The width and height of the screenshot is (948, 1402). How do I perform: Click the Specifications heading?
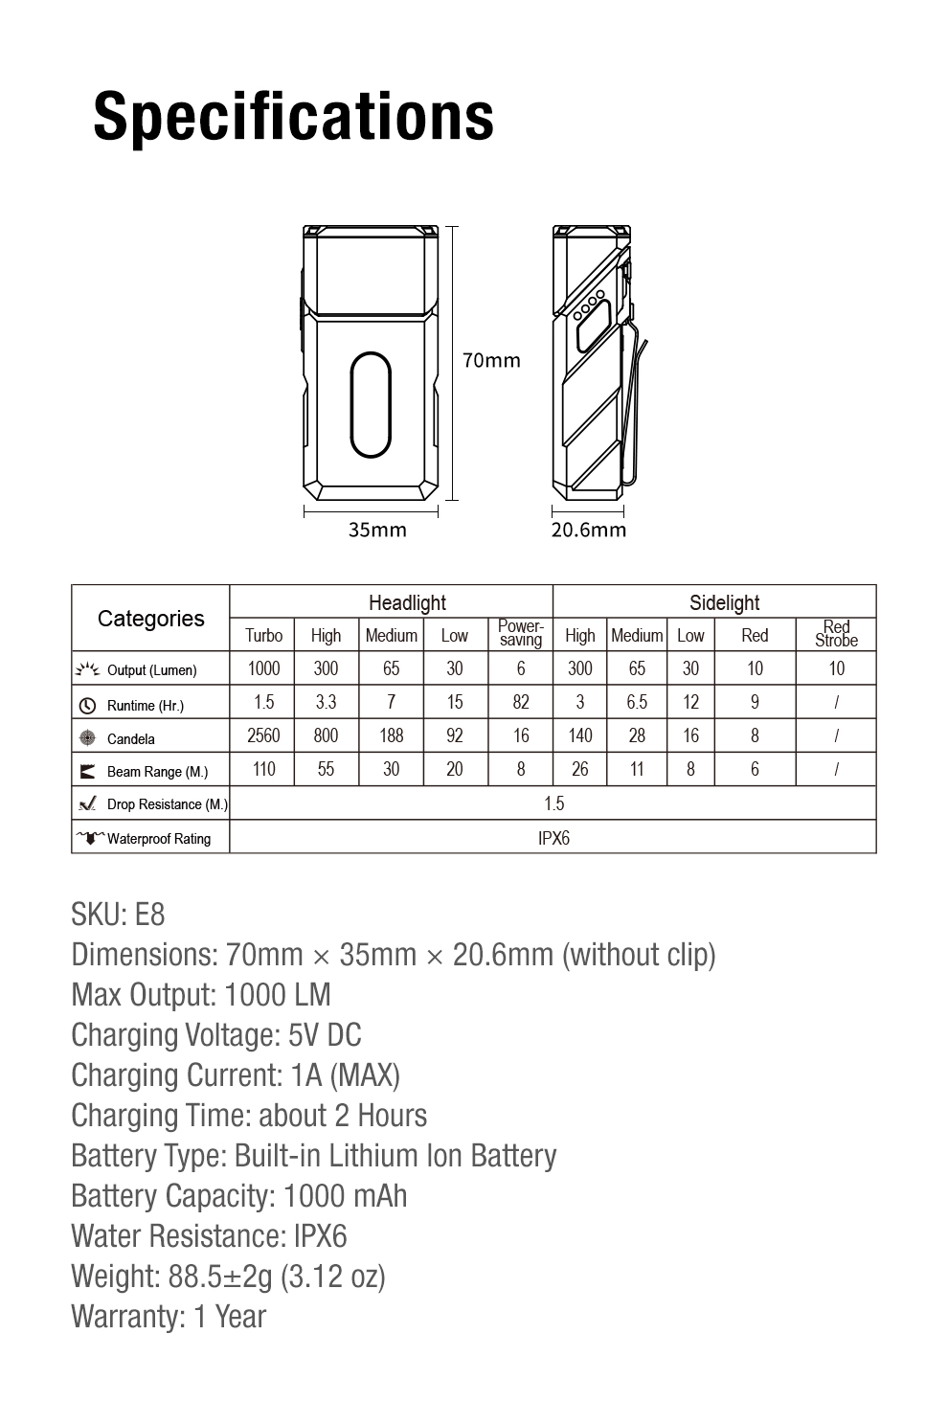293,117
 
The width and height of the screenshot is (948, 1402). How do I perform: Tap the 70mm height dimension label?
491,360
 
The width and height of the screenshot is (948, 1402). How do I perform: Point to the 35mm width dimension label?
376,530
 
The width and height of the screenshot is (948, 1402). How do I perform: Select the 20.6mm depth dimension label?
588,530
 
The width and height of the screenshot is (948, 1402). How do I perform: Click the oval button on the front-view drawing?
371,404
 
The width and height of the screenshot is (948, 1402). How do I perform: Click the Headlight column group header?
407,602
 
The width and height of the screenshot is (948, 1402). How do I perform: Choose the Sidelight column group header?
724,602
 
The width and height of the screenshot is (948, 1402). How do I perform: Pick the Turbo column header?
263,635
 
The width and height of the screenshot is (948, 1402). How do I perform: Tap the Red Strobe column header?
836,634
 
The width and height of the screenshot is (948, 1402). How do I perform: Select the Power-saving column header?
520,634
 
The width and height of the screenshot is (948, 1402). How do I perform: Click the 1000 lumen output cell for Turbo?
263,668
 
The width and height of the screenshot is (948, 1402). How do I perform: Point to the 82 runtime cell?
520,702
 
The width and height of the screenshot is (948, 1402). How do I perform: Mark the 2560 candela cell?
263,735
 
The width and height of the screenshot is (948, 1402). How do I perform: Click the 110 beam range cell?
263,769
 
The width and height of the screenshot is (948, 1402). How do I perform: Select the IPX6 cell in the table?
553,838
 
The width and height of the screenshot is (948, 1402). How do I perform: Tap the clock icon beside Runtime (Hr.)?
87,706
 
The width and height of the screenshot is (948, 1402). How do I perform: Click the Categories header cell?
150,619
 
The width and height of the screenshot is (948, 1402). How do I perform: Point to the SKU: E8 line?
118,915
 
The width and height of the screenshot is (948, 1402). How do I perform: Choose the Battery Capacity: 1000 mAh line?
238,1196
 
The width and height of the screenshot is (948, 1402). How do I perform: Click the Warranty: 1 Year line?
169,1317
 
